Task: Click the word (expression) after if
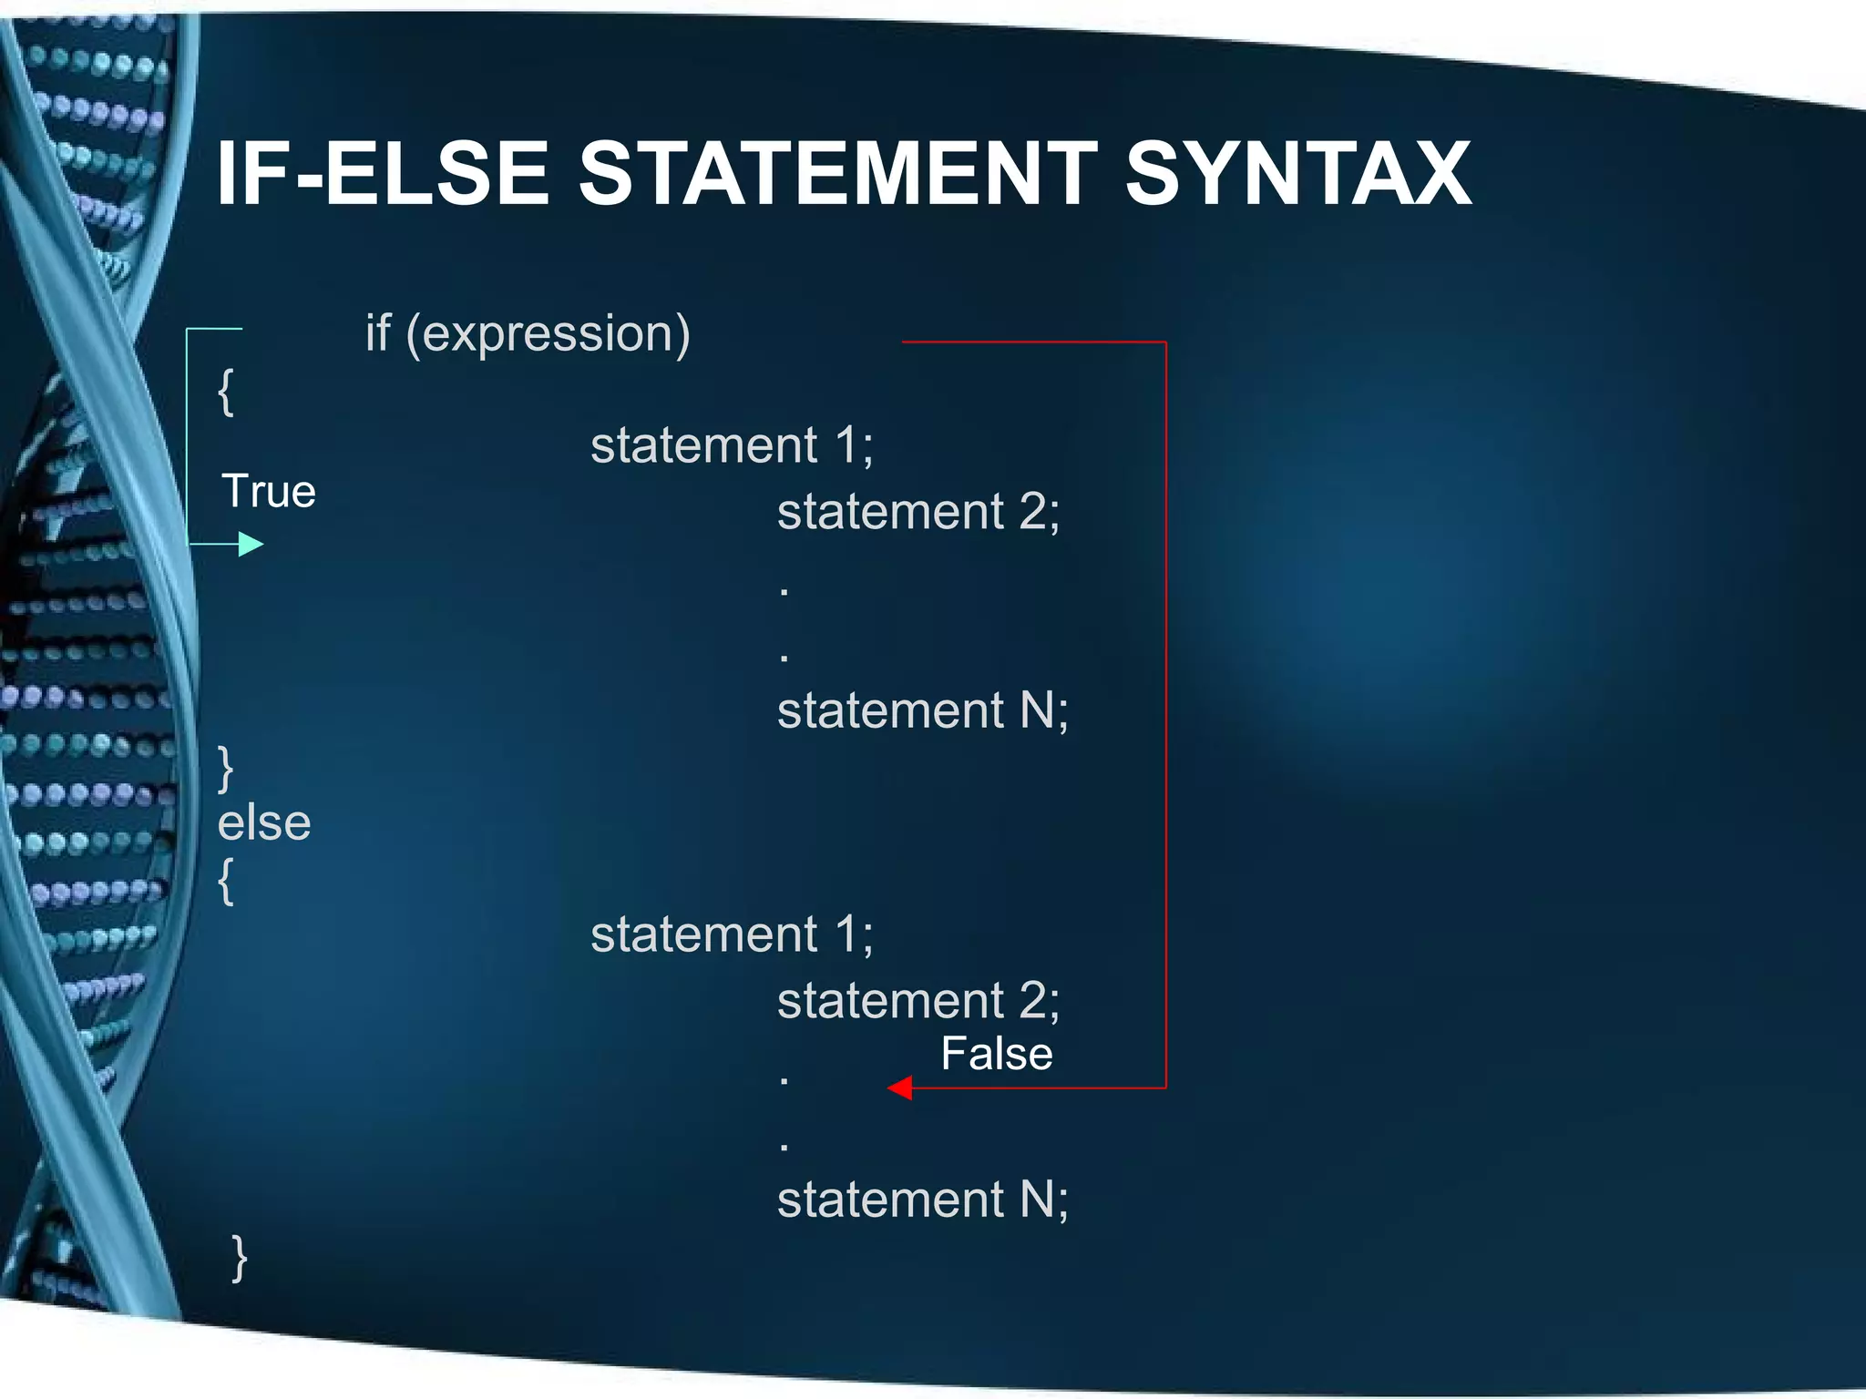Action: pos(548,334)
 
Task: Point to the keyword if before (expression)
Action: pos(378,332)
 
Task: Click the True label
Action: pos(268,492)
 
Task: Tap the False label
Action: pos(996,1054)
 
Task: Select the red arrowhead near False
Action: pos(900,1088)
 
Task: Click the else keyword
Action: pos(264,822)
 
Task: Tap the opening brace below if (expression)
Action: pos(226,392)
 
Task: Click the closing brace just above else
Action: pos(226,768)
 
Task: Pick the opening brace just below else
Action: pos(226,881)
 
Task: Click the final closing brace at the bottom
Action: pos(239,1258)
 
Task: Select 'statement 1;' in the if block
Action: pos(732,445)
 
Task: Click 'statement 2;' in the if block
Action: pos(918,512)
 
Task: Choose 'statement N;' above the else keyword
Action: pos(922,710)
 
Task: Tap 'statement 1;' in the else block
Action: pos(732,934)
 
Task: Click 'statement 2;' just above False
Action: pos(918,1000)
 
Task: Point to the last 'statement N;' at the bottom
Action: pos(922,1200)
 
